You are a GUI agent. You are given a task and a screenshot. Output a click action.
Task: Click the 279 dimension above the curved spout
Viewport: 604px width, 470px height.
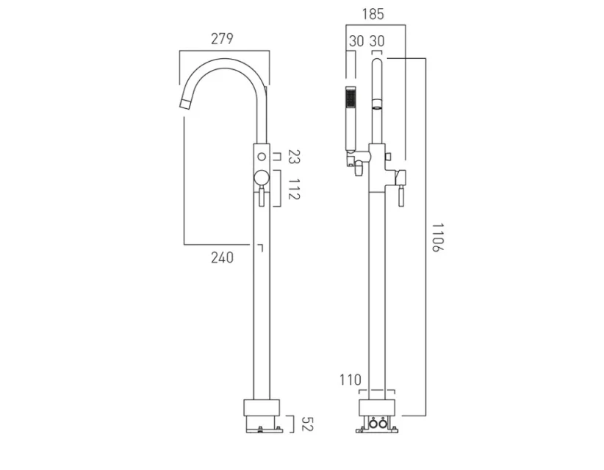pyautogui.click(x=222, y=39)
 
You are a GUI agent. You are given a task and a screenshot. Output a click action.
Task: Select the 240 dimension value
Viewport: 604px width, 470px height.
pyautogui.click(x=222, y=257)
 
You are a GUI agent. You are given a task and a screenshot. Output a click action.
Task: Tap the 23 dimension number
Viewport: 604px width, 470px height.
pyautogui.click(x=294, y=157)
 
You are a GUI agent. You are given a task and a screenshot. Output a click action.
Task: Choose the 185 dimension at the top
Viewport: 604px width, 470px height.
pyautogui.click(x=373, y=14)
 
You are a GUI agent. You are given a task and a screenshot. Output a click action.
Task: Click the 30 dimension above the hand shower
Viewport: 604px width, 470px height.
pyautogui.click(x=356, y=41)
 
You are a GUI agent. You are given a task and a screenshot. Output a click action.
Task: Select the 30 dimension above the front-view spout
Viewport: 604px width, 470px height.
pyautogui.click(x=378, y=41)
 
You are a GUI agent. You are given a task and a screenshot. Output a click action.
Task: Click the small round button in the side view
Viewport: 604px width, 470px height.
pyautogui.click(x=262, y=157)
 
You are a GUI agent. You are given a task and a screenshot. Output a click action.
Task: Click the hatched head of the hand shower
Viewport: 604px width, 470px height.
pyautogui.click(x=350, y=98)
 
